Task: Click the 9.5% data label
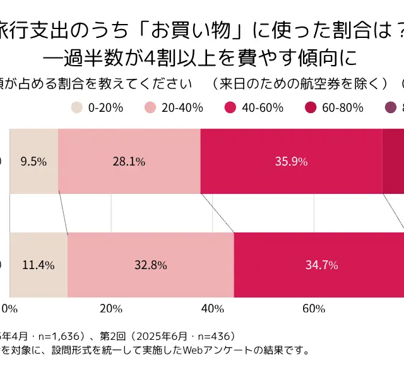(x=33, y=161)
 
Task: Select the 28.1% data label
(x=129, y=161)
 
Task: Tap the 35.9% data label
(x=291, y=161)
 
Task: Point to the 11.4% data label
(x=38, y=265)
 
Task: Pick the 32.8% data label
(x=150, y=265)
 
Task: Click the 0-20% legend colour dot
(x=76, y=107)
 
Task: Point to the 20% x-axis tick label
(x=111, y=309)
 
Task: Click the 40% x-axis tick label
(x=212, y=309)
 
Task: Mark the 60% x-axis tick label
(x=313, y=309)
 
